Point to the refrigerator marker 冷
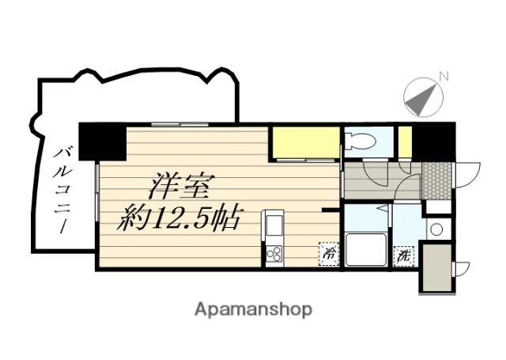tap(327, 254)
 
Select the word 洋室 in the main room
tap(181, 189)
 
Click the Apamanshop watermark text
tap(253, 308)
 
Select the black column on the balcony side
tap(102, 142)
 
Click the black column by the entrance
tap(434, 141)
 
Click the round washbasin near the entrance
tap(435, 230)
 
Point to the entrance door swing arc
tap(468, 172)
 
